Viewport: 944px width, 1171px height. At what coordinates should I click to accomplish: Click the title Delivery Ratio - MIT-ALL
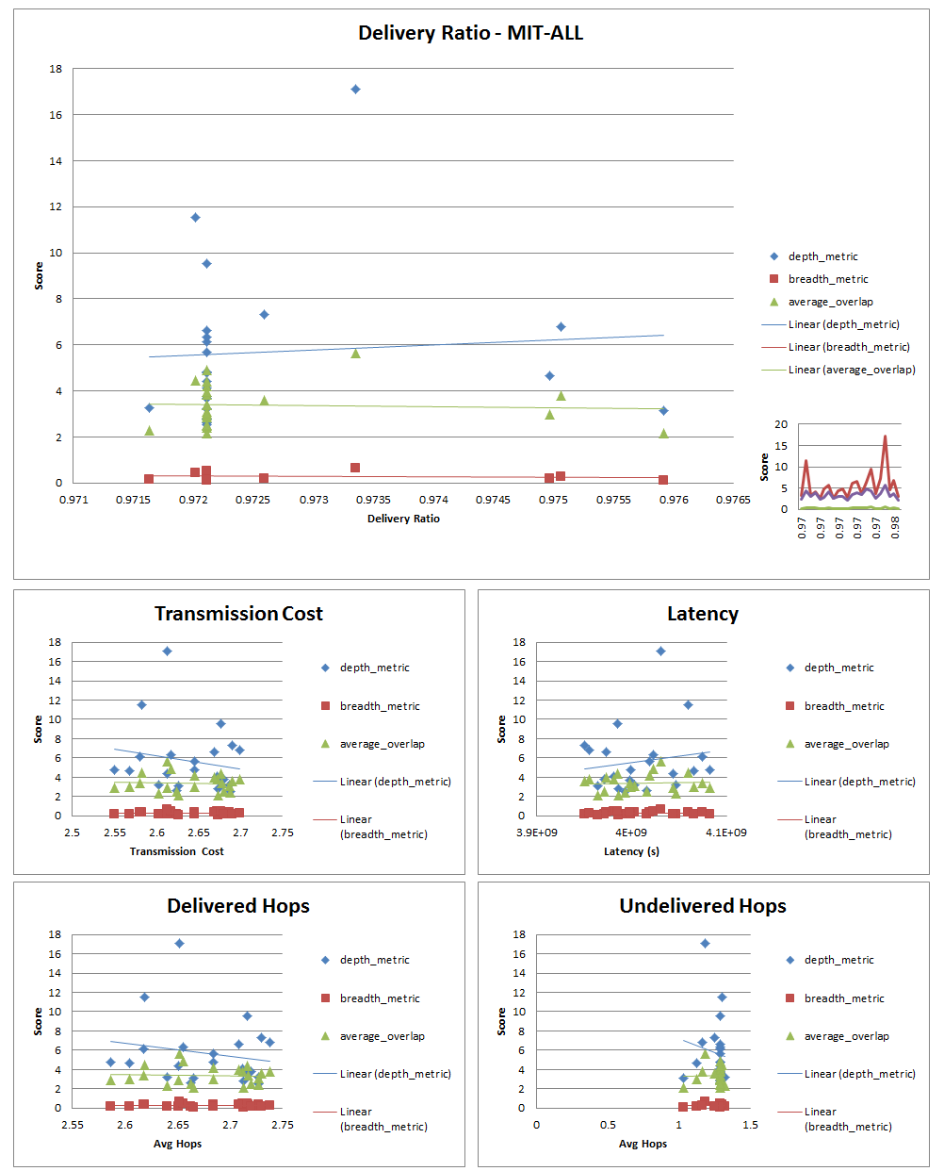point(470,33)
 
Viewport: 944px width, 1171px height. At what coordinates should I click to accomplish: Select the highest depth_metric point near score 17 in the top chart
point(355,89)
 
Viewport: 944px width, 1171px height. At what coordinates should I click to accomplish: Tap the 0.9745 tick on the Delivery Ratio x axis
point(493,500)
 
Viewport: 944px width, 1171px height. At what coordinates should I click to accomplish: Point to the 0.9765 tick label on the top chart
point(732,500)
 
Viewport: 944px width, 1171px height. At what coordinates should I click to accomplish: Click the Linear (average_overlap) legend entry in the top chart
point(851,370)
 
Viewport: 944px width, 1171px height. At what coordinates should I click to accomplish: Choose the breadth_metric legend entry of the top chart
point(827,279)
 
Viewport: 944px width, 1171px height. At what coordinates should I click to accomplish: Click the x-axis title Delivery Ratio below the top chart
point(403,519)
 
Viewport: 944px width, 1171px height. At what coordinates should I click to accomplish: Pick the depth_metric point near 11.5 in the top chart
point(195,218)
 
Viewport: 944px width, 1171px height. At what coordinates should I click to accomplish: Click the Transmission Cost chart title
point(238,614)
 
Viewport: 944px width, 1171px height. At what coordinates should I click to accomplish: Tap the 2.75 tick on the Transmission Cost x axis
point(282,833)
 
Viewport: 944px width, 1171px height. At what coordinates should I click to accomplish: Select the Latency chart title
point(702,614)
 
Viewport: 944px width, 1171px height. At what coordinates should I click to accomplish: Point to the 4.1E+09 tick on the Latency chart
point(726,833)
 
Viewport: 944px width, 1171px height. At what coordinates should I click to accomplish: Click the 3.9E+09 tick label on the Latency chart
point(537,833)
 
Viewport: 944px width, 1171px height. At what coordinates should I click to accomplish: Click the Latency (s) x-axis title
point(631,851)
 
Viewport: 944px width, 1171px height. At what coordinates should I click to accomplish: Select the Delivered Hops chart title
point(238,906)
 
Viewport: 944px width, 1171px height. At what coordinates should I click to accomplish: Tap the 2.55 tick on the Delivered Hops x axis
point(73,1125)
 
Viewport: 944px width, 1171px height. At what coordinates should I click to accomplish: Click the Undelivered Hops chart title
point(702,906)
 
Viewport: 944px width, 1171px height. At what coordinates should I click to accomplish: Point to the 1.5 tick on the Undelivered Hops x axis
point(750,1125)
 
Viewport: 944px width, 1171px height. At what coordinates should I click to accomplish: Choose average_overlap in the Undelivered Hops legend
point(846,1036)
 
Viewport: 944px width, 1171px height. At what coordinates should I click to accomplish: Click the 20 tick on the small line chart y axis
point(781,424)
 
